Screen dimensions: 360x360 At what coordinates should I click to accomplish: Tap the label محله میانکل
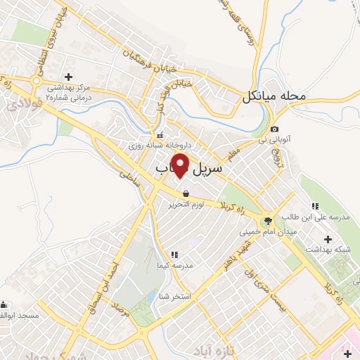pos(275,96)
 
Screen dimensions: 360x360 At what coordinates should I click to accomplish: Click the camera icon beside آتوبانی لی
pos(274,130)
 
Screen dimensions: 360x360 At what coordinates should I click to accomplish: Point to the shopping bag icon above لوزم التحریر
pos(185,193)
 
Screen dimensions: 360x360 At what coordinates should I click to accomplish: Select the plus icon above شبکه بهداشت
pos(328,240)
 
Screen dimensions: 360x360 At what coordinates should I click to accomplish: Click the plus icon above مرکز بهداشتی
pos(68,77)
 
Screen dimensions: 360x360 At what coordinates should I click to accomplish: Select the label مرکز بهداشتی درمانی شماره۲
pos(69,92)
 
